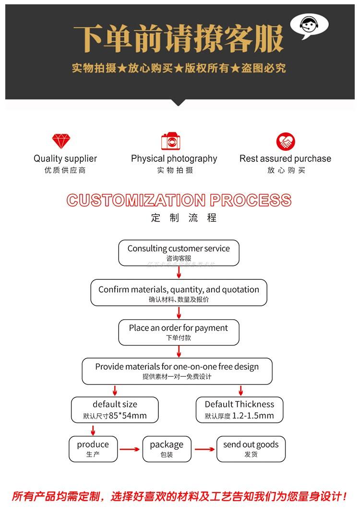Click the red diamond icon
(61, 142)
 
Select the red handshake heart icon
(286, 142)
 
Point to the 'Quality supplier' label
(65, 158)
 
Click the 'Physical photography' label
(174, 158)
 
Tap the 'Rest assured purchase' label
(285, 158)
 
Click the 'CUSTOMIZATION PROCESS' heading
(179, 200)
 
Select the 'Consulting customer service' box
(179, 252)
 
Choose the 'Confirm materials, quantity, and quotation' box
(179, 293)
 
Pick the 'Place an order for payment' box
(179, 332)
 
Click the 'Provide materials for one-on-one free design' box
(177, 371)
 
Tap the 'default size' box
(115, 409)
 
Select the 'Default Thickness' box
(240, 409)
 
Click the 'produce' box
(93, 448)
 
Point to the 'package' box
(167, 448)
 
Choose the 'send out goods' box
(251, 448)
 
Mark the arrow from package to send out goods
(204, 449)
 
